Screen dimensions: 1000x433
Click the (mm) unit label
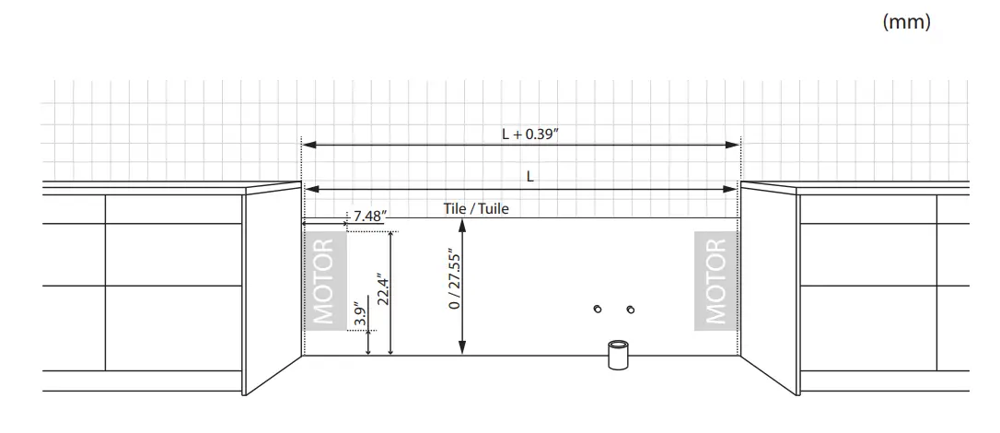click(x=906, y=22)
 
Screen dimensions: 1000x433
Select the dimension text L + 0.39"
click(x=530, y=135)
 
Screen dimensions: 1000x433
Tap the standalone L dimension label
click(x=530, y=177)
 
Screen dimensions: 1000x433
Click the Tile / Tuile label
click(x=476, y=208)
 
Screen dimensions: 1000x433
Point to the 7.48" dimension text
click(x=370, y=216)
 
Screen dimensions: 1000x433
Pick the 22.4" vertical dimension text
click(x=383, y=290)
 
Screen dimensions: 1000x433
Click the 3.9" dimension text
click(x=360, y=314)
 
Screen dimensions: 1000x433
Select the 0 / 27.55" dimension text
click(x=454, y=278)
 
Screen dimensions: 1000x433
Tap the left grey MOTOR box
click(x=325, y=281)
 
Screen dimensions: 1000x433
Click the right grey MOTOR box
click(x=716, y=281)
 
